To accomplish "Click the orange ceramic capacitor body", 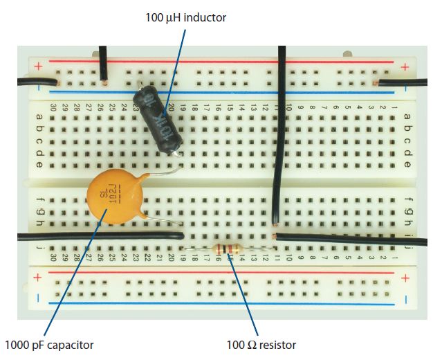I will click(x=114, y=197).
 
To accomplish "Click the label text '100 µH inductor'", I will click(x=185, y=17).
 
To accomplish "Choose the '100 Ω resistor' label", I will click(x=261, y=344).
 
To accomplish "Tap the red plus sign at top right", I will click(x=405, y=66).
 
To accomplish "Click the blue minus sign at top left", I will click(x=39, y=89).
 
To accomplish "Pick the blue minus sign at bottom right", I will click(x=405, y=299).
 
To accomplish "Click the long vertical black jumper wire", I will click(x=279, y=138).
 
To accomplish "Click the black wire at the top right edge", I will click(x=408, y=82).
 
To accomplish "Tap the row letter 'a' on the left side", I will click(x=39, y=117).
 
